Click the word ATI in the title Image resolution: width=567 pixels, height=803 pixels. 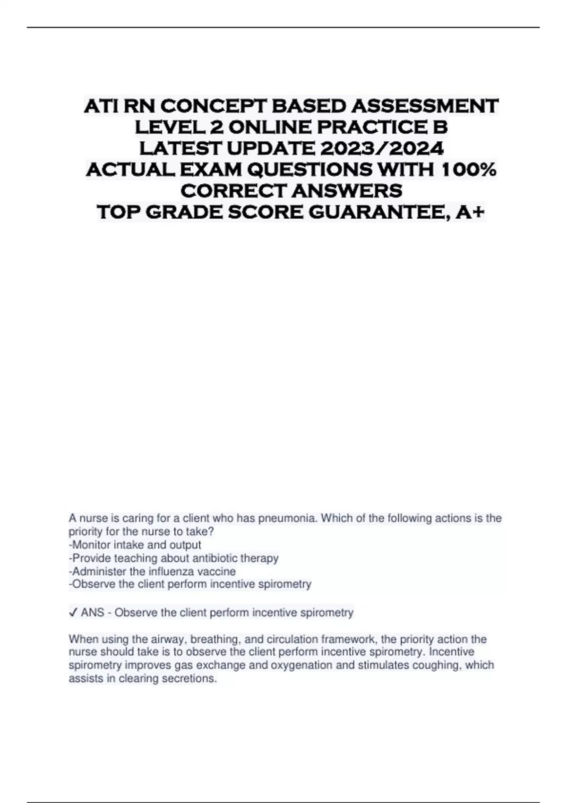(101, 106)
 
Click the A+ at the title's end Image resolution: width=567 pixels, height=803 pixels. (470, 212)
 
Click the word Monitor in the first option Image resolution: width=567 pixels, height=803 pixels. (90, 545)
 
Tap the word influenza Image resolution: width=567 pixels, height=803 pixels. (172, 571)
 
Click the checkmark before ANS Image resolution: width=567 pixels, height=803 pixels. (73, 613)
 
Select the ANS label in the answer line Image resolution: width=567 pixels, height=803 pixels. (92, 613)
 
